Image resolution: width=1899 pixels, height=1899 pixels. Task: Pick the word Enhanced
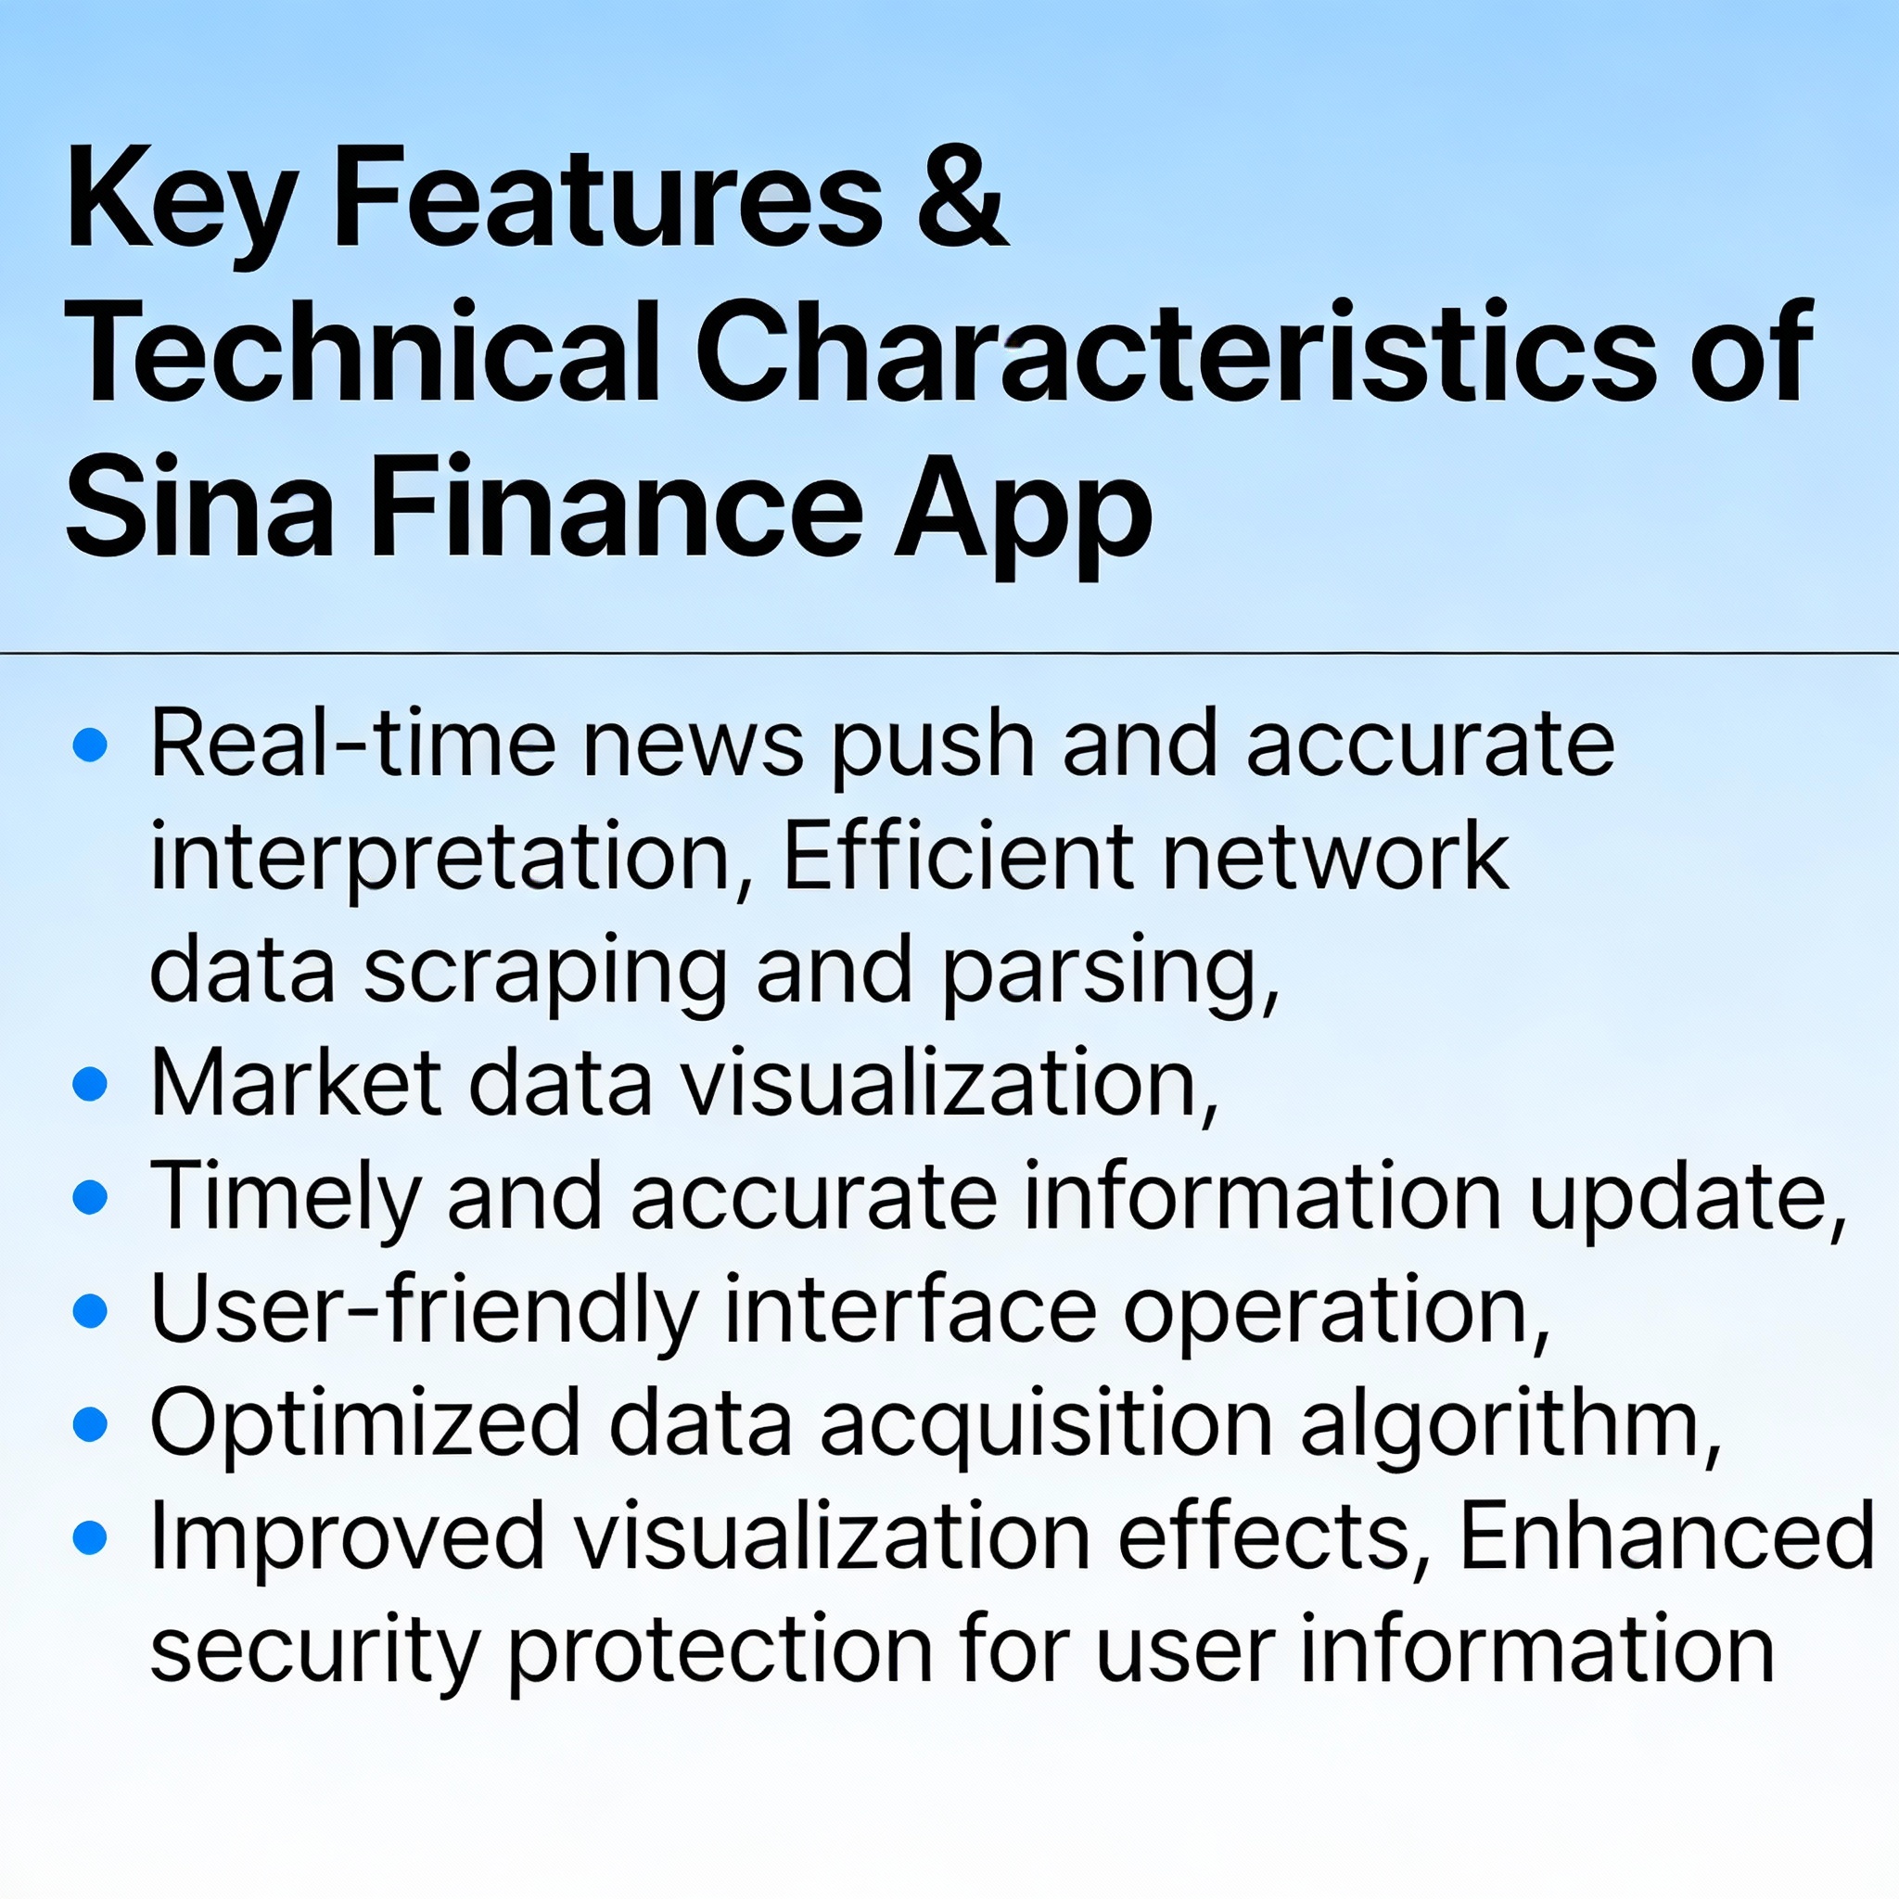coord(1666,1536)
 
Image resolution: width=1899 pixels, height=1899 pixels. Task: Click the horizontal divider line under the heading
coord(949,653)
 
